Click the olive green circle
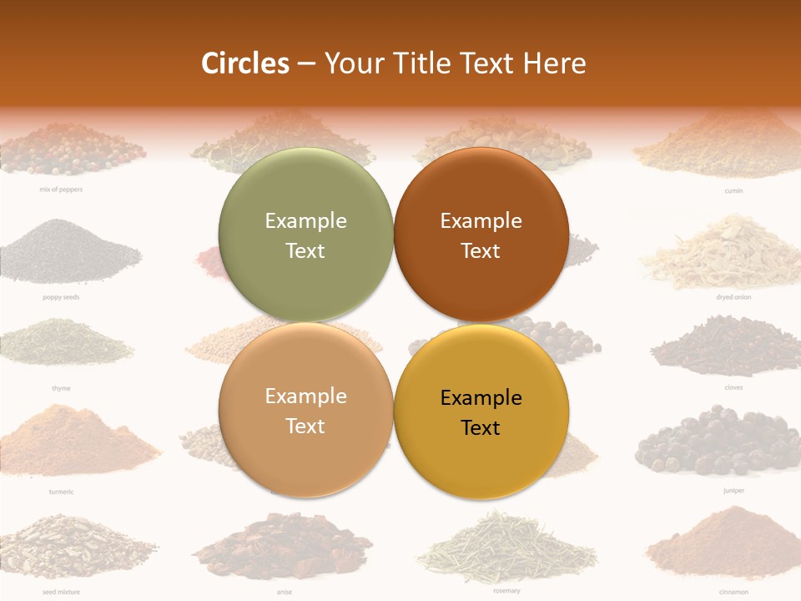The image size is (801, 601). tap(305, 235)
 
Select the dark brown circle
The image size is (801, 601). tap(481, 235)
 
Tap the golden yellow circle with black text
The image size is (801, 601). tap(481, 412)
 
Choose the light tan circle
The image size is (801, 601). tap(305, 410)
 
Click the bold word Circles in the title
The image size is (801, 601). tap(245, 63)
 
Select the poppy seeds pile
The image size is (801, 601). tap(71, 250)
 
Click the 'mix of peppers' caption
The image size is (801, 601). tap(61, 189)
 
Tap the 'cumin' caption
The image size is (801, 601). tap(733, 190)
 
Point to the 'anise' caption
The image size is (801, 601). tap(284, 592)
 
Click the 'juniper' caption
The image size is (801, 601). tap(733, 491)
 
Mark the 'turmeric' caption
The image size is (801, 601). tap(60, 492)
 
